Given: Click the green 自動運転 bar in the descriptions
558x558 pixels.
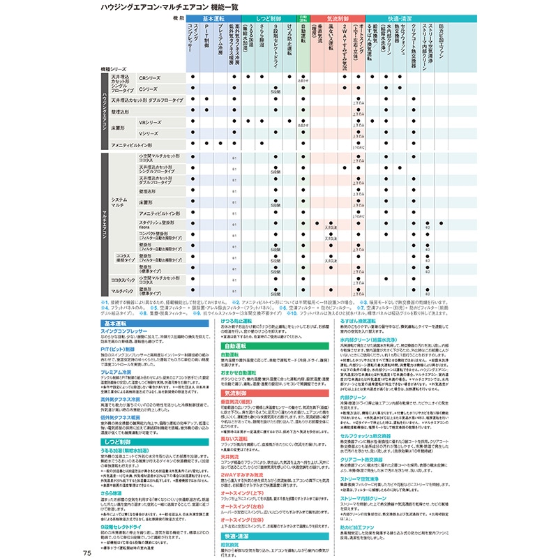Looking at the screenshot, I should tap(236, 346).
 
